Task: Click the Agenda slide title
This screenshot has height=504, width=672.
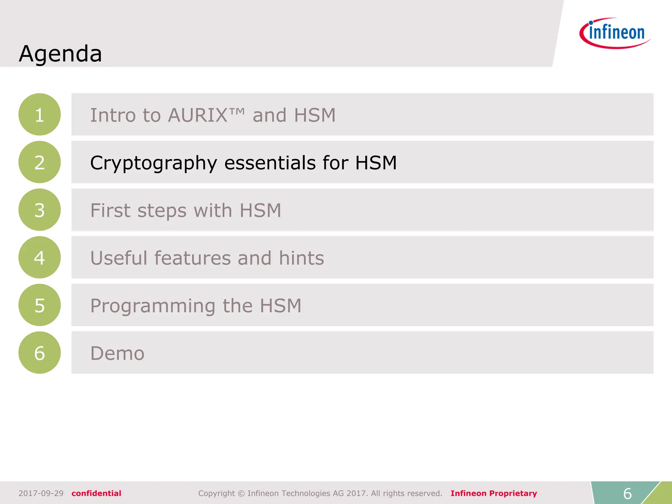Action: tap(60, 53)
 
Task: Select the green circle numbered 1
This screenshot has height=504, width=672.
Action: tap(39, 115)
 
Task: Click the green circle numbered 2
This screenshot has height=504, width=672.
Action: tap(39, 162)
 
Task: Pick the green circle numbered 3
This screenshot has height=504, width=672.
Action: tap(39, 210)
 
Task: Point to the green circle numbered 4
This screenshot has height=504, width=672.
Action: tap(39, 257)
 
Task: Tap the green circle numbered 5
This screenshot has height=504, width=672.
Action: tap(39, 305)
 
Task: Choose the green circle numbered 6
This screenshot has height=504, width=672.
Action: tap(39, 352)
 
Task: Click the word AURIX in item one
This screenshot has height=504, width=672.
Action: tap(198, 115)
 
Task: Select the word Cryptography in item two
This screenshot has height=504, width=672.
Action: tap(154, 163)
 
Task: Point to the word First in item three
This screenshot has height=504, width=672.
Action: tap(110, 210)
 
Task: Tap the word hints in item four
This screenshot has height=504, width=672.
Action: tap(301, 258)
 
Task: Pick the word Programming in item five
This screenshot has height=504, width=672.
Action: tap(153, 306)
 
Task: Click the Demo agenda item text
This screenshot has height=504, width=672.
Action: tap(117, 353)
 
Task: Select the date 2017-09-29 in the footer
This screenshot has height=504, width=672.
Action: tap(41, 493)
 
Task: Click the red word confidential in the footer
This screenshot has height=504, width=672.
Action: tap(96, 493)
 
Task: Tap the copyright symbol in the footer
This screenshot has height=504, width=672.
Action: tap(241, 493)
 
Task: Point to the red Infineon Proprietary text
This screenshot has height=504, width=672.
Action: tap(493, 493)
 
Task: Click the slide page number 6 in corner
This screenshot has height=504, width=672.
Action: tap(627, 493)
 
